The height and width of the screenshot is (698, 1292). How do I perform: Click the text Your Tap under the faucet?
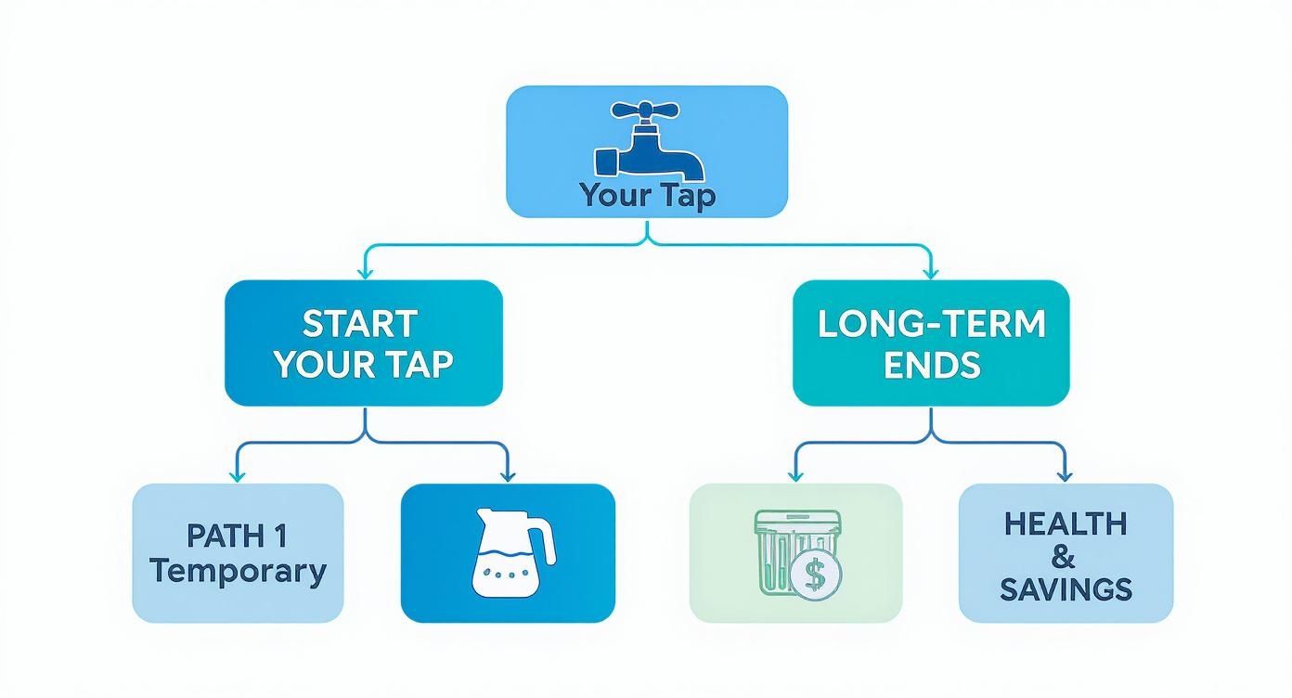click(x=647, y=195)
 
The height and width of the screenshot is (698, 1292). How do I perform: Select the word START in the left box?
click(x=360, y=324)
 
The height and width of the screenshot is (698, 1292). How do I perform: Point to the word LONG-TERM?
click(x=931, y=324)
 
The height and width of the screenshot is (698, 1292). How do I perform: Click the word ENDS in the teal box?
click(x=931, y=365)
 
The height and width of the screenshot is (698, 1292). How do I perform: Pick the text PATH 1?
click(x=237, y=536)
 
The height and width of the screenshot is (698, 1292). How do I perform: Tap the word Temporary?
click(x=238, y=570)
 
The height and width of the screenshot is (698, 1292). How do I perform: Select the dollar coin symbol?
click(x=815, y=576)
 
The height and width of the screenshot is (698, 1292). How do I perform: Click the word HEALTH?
click(x=1065, y=523)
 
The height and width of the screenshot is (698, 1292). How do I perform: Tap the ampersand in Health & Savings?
click(x=1065, y=557)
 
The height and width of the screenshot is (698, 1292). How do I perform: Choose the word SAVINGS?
click(x=1066, y=589)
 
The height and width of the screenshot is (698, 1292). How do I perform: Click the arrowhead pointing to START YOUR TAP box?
click(x=364, y=272)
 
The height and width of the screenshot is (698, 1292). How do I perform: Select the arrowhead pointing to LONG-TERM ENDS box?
click(x=930, y=272)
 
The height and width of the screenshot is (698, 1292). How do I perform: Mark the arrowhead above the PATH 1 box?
click(x=238, y=475)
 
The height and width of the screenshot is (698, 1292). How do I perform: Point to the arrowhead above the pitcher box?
click(x=507, y=475)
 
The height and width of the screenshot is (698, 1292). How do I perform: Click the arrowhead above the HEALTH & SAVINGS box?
click(x=1064, y=475)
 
